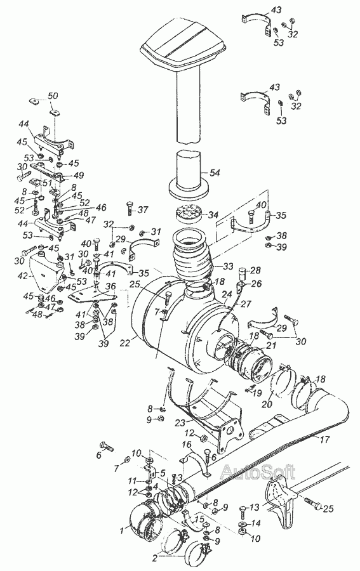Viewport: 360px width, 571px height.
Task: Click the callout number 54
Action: tap(215, 173)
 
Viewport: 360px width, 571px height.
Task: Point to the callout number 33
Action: tap(228, 266)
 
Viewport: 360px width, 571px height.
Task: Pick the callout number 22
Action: tap(125, 343)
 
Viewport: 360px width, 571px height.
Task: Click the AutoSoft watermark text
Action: tap(258, 471)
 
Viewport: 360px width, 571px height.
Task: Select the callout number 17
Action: tap(324, 440)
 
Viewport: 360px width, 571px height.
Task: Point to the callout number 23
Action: tap(181, 423)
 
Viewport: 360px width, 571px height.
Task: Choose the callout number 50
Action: tap(53, 96)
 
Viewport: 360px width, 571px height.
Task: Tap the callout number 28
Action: tap(256, 270)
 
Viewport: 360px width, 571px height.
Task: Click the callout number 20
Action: tap(267, 405)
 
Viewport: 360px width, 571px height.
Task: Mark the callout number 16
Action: tap(187, 445)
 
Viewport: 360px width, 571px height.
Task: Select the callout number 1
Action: tap(123, 531)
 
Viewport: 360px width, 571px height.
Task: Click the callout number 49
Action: tap(78, 175)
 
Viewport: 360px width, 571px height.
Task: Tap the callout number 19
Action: tap(257, 393)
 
